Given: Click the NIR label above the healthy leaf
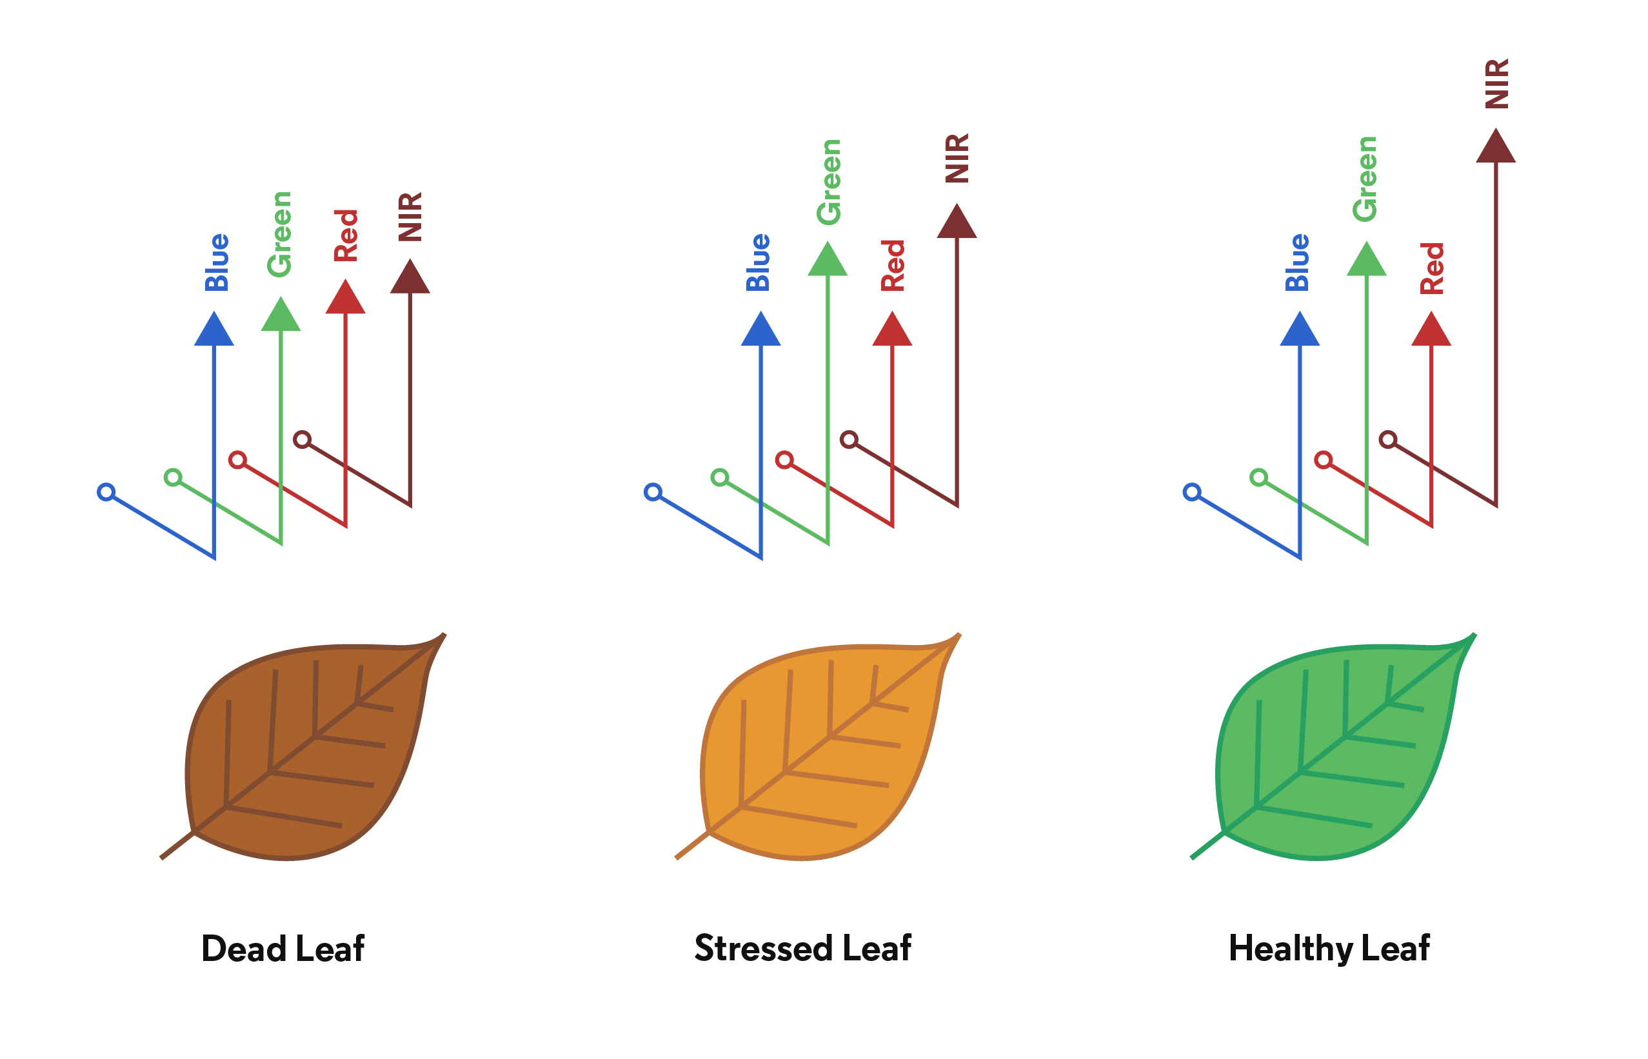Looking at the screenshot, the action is click(x=1496, y=84).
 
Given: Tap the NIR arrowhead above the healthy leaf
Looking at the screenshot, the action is click(x=1496, y=146).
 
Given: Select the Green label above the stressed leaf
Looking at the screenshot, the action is click(x=828, y=183).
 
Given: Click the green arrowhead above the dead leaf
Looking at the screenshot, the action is click(x=281, y=314).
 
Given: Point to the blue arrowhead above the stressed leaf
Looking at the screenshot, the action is click(x=760, y=329).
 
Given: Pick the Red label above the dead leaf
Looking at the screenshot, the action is click(x=346, y=236).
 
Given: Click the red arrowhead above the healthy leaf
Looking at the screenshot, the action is click(x=1431, y=329).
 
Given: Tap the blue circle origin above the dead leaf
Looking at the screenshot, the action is click(x=106, y=491).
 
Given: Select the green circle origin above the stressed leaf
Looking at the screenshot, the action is click(x=720, y=477).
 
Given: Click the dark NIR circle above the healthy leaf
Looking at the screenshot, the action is click(x=1388, y=439).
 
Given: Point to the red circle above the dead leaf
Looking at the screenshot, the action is click(x=238, y=460).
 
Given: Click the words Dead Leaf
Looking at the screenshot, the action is click(x=283, y=949).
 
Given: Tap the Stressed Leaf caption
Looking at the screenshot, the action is click(x=802, y=948).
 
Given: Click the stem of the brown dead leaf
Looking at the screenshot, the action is click(x=177, y=846).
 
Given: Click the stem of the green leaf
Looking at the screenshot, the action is click(x=1208, y=846).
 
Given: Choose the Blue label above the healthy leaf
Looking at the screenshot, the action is click(x=1296, y=262).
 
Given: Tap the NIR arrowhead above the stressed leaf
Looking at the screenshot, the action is click(x=957, y=221).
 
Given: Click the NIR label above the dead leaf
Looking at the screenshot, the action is click(x=410, y=217).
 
